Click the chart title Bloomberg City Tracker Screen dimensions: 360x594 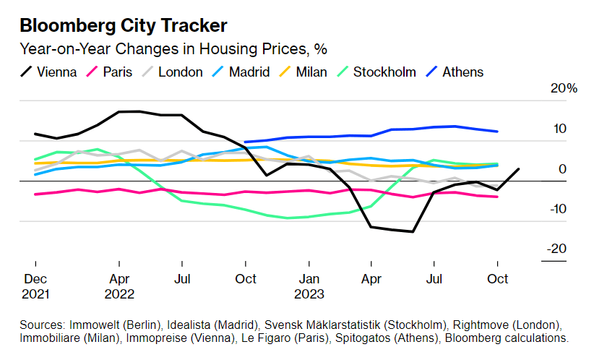coord(124,25)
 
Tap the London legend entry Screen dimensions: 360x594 coord(174,72)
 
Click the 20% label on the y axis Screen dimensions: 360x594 coord(564,88)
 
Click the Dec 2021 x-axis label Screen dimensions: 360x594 coord(35,286)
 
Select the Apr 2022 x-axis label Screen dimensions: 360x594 coord(119,286)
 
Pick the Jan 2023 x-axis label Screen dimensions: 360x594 coord(309,286)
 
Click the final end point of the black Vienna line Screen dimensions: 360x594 coord(519,168)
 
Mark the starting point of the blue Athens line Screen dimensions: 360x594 coord(246,142)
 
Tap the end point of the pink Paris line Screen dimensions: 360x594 coord(497,197)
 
